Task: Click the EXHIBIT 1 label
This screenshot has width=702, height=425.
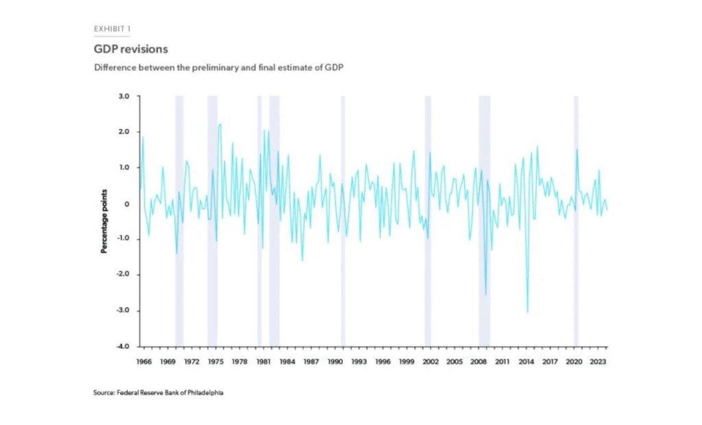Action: click(112, 29)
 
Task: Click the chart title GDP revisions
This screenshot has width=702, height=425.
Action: click(131, 49)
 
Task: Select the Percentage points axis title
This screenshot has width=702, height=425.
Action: click(104, 221)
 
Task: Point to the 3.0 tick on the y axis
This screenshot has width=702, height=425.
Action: click(124, 97)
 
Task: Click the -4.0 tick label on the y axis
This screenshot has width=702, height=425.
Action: click(123, 346)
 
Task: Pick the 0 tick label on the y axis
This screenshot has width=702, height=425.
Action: click(128, 204)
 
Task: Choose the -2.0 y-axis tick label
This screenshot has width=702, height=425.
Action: click(123, 275)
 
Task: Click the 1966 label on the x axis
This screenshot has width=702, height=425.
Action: click(143, 361)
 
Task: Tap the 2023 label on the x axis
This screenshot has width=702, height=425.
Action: click(597, 361)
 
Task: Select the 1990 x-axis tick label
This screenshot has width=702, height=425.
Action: click(335, 361)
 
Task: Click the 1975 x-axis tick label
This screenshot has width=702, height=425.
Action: click(215, 361)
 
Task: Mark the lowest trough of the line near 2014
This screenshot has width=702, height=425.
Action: click(527, 312)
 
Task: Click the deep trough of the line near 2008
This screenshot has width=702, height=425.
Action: click(485, 294)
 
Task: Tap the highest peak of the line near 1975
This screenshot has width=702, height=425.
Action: click(219, 124)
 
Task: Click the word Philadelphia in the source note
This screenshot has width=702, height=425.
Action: click(203, 393)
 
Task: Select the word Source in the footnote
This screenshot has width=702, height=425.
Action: click(102, 393)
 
